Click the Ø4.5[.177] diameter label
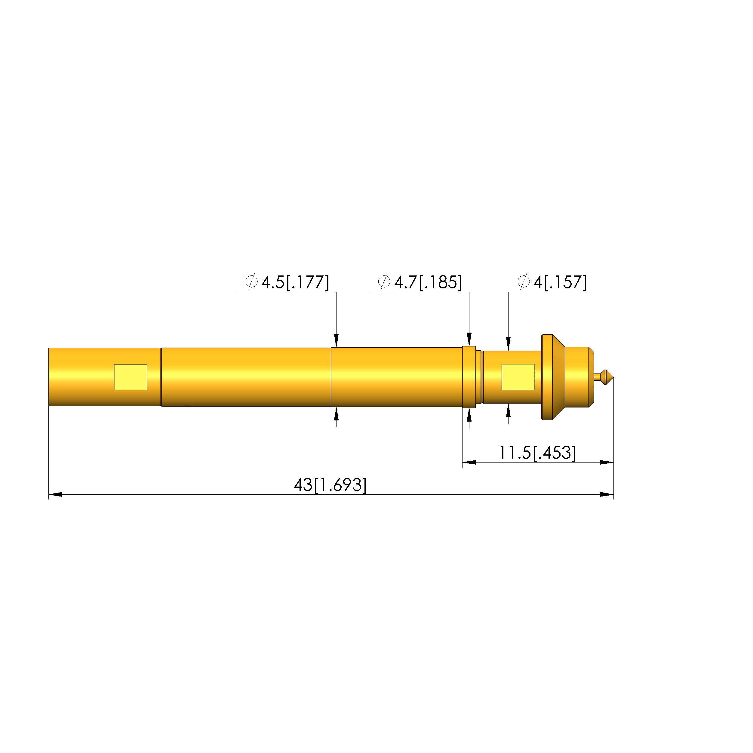(x=287, y=282)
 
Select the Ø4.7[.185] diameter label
(x=420, y=282)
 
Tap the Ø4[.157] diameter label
(x=552, y=282)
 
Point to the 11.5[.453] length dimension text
(x=537, y=453)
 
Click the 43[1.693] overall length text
(x=330, y=485)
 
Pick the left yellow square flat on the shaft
(x=131, y=377)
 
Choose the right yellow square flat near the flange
(x=518, y=377)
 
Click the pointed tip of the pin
(x=613, y=377)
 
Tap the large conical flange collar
(x=553, y=377)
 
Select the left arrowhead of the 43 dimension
(x=55, y=495)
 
